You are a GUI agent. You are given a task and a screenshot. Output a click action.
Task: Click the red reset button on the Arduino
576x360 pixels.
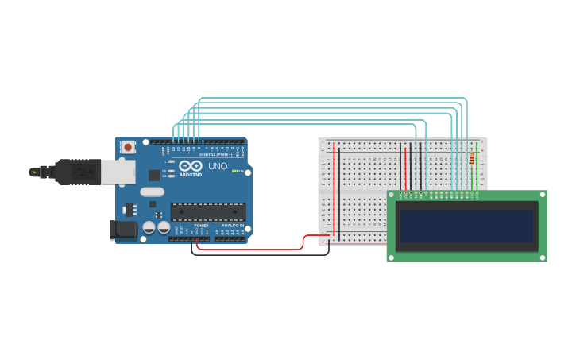tap(128, 147)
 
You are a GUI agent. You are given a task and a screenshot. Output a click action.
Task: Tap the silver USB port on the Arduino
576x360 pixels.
tap(119, 172)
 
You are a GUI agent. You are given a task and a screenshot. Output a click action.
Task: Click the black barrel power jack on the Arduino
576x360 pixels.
tap(122, 230)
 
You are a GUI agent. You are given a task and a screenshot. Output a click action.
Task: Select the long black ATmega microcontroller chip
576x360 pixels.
tap(208, 211)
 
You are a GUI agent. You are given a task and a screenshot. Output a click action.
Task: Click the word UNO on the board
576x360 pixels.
tap(218, 167)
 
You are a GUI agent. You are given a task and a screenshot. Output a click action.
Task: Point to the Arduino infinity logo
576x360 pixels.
tap(190, 166)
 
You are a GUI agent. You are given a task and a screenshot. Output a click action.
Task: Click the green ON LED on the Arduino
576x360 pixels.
tap(235, 171)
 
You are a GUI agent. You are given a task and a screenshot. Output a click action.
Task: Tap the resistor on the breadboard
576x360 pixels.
tap(472, 160)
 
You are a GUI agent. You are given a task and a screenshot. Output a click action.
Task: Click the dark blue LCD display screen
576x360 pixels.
tap(466, 226)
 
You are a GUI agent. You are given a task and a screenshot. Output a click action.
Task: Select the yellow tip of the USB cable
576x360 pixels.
tap(33, 171)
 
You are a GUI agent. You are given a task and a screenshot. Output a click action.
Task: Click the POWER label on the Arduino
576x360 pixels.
tap(202, 226)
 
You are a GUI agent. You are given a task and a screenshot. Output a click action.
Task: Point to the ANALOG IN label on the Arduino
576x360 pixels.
tap(233, 226)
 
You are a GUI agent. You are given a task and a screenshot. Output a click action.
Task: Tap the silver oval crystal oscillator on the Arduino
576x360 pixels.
tap(152, 192)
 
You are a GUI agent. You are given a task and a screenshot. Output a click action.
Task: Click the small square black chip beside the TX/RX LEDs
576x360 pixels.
tap(154, 175)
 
